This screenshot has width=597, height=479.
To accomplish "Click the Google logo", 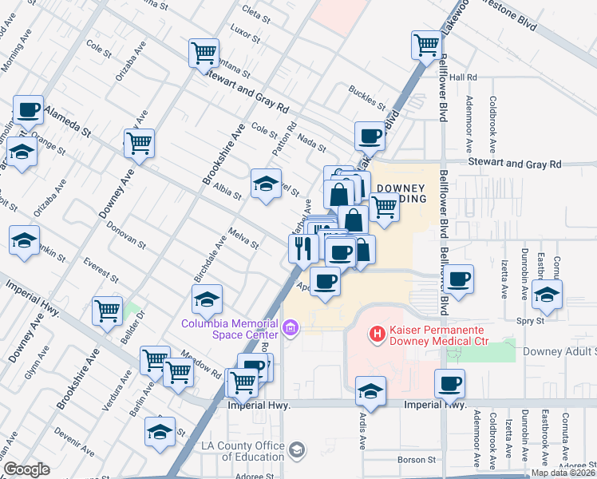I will (26, 469).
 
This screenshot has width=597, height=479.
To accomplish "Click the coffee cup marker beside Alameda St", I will (29, 110).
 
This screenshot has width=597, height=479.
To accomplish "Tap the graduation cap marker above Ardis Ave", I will (370, 391).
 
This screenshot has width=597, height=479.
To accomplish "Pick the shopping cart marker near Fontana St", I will (204, 53).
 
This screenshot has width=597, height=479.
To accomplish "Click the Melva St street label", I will (243, 238).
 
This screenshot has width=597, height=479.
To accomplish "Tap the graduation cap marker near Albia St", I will (266, 184).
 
